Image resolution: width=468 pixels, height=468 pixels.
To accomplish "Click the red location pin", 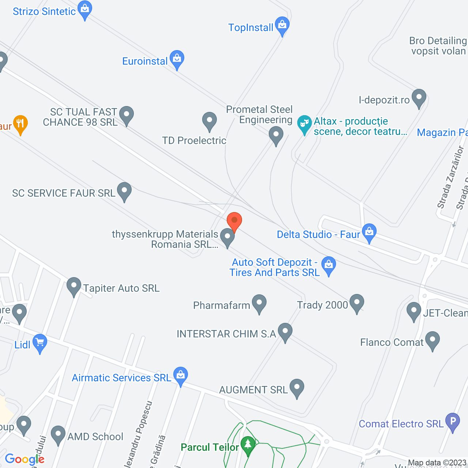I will (234, 221).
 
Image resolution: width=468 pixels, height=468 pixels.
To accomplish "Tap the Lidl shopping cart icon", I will (39, 343).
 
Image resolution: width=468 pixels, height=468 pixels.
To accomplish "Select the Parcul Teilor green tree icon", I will (248, 445).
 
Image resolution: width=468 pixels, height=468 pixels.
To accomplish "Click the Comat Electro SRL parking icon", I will (452, 421).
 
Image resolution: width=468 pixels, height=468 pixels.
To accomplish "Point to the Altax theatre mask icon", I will (304, 124).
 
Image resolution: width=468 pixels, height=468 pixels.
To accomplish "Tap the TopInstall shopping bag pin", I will (282, 25).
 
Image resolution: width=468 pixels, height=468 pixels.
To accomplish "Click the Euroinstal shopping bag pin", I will (177, 59).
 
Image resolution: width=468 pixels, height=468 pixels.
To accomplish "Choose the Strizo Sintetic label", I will (44, 11).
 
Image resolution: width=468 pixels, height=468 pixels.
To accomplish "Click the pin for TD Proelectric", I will (209, 121).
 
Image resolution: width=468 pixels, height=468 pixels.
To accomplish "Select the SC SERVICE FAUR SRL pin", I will (124, 191).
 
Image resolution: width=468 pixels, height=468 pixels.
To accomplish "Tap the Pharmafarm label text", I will (222, 305).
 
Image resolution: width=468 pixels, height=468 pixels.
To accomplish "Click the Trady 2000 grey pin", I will (356, 303).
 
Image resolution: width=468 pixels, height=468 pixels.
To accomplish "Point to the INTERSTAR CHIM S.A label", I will (226, 334).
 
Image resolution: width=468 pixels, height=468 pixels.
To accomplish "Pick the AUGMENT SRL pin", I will (297, 388).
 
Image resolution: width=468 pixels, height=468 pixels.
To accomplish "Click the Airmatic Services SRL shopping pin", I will (180, 375).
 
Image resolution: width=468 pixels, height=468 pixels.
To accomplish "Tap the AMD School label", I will (95, 437).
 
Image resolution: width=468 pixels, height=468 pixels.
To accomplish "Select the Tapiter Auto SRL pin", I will (74, 286).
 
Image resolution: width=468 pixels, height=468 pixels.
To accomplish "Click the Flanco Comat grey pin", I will (432, 340).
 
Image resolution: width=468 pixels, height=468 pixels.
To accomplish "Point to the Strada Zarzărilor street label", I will (450, 177).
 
